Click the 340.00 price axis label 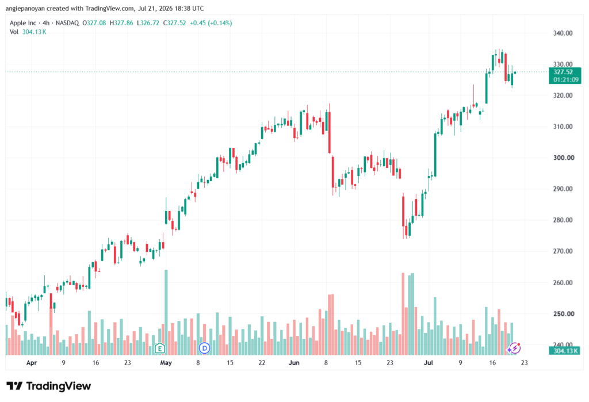(x=563, y=33)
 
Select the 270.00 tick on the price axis (x=563, y=251)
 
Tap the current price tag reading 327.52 (x=563, y=72)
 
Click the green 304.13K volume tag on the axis (x=565, y=351)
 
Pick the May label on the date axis (x=166, y=362)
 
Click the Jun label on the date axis (x=294, y=362)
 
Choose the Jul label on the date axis (x=428, y=362)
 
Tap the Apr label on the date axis (x=32, y=362)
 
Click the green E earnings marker (x=160, y=349)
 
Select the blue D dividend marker (x=204, y=349)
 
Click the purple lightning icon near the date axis (x=514, y=349)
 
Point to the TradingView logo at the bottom (x=49, y=386)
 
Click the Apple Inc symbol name (x=23, y=23)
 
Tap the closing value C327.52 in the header (x=175, y=23)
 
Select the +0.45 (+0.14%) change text (x=211, y=23)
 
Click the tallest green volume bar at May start (x=166, y=312)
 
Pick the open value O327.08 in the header (x=94, y=23)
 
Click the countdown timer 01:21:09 (x=566, y=79)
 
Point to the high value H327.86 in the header (x=121, y=23)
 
